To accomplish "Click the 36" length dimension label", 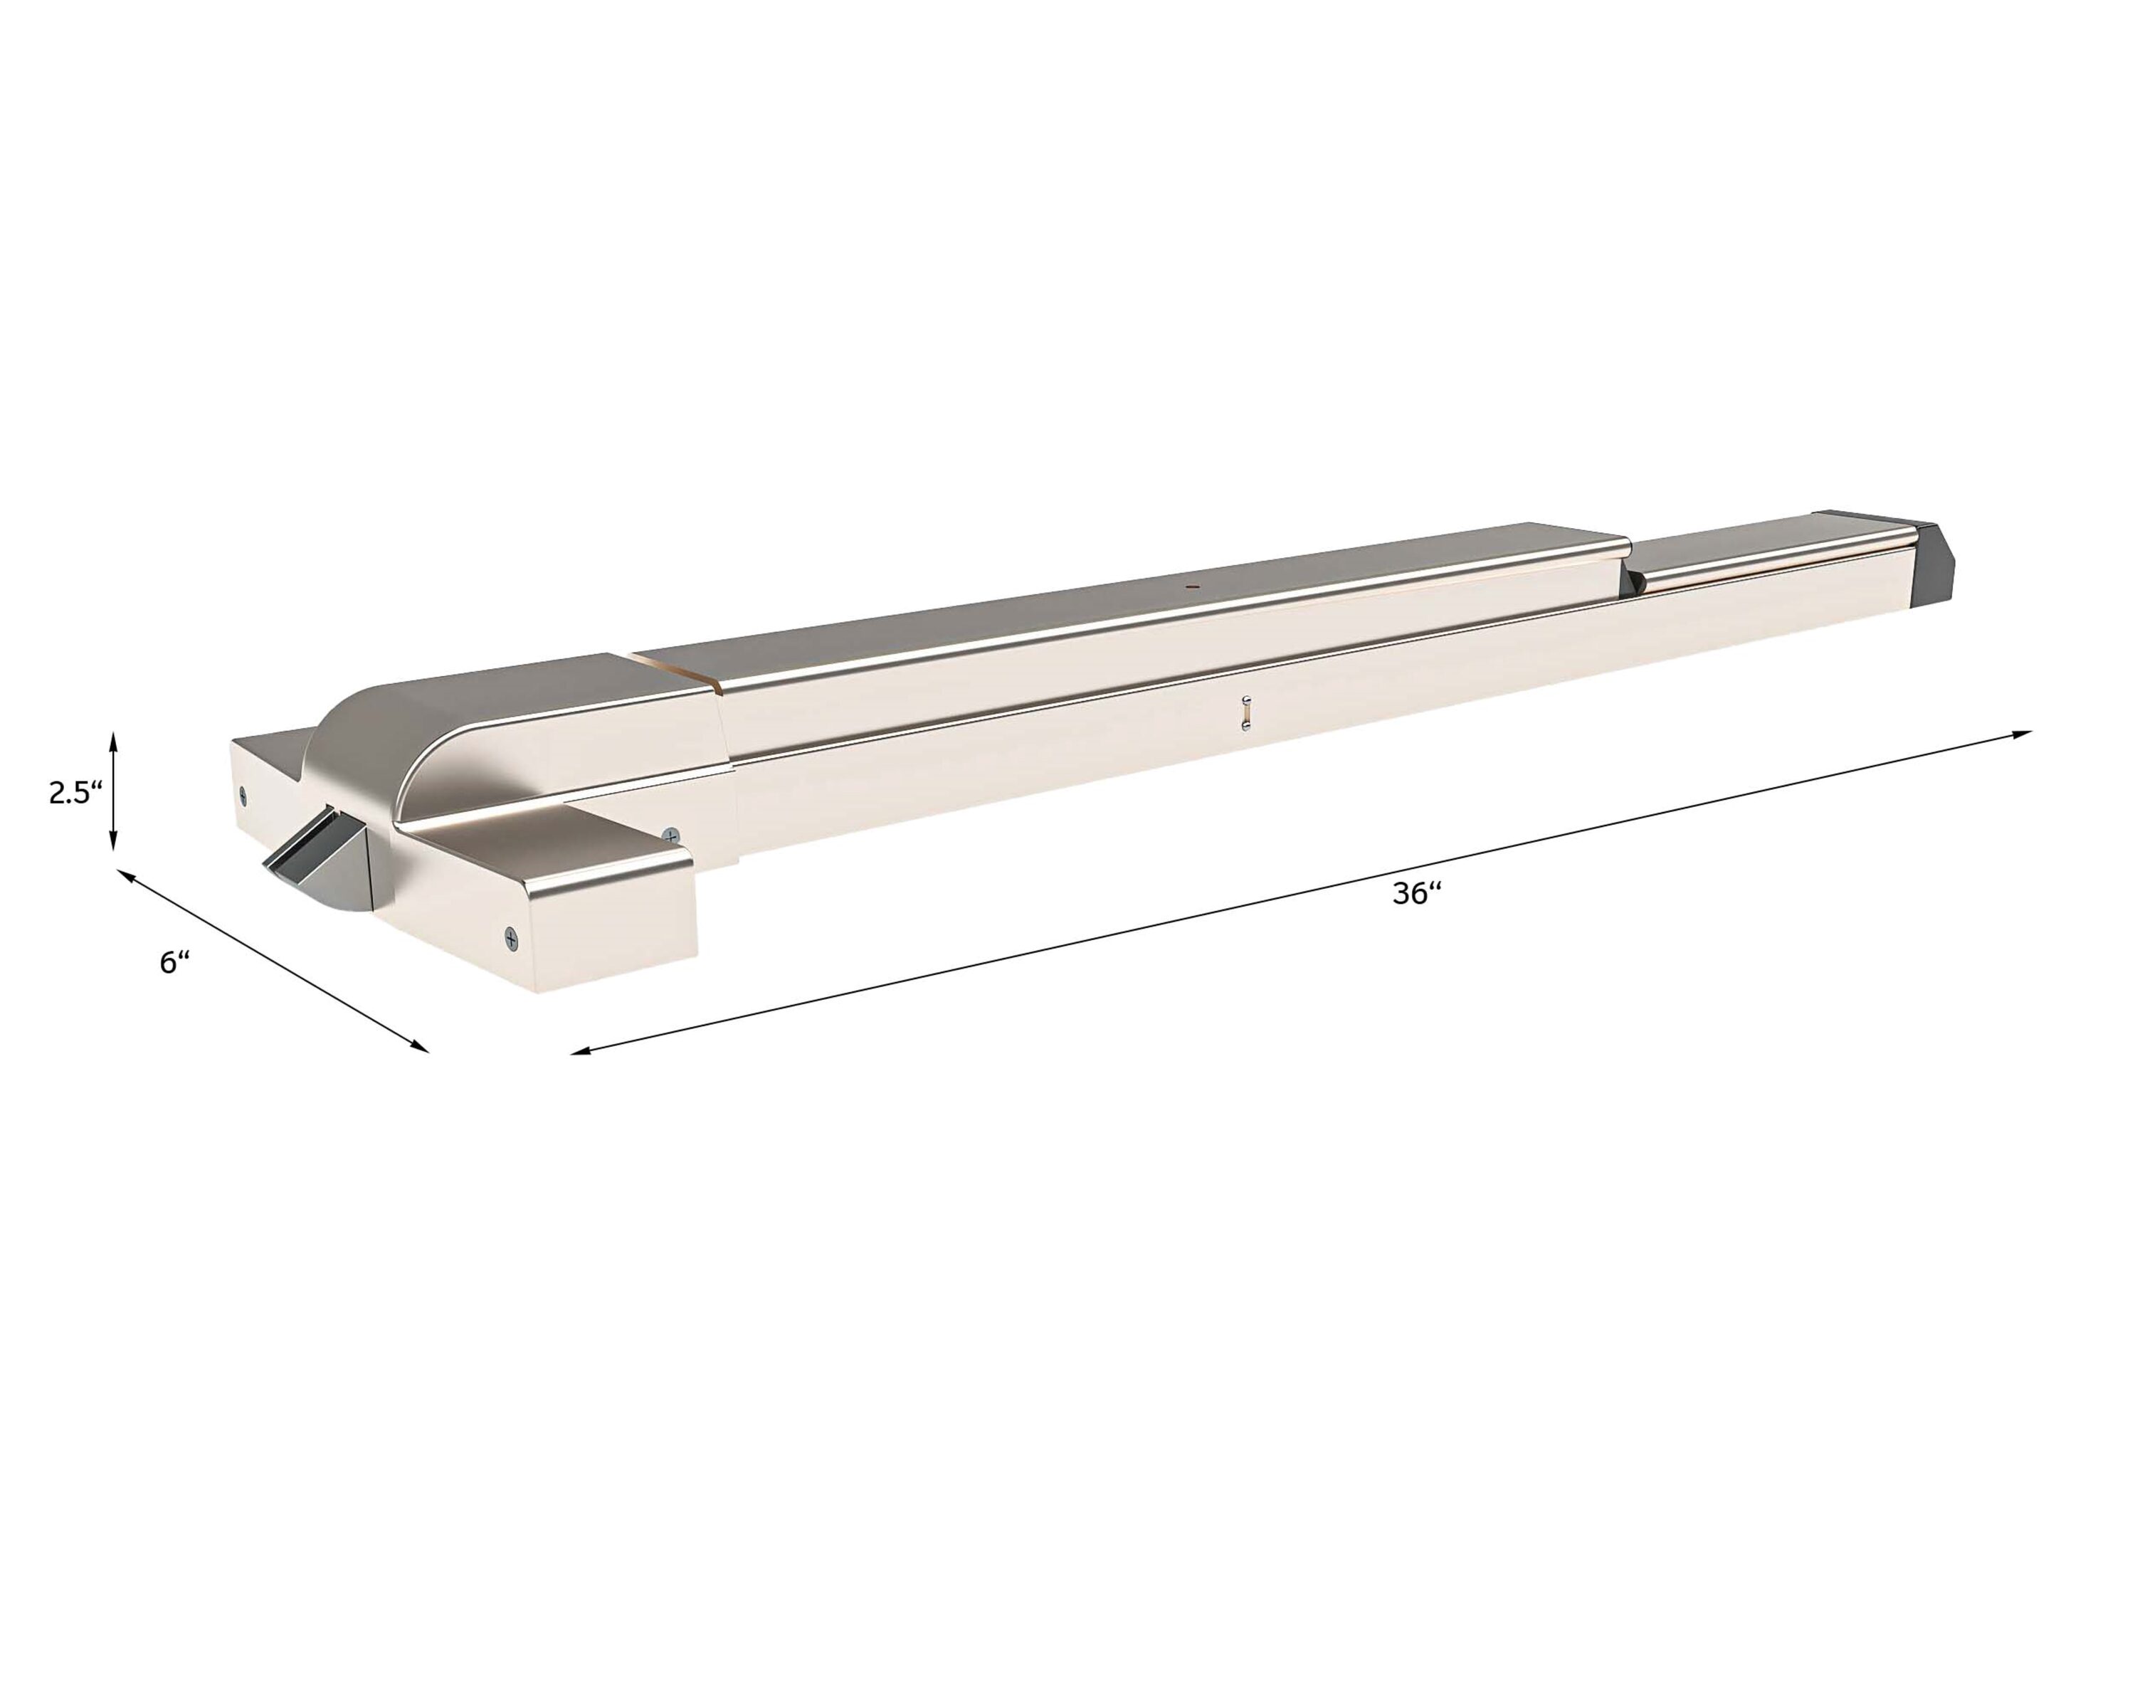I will coord(1416,893).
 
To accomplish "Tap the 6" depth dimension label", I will coord(174,961).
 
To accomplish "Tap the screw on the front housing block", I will coord(511,937).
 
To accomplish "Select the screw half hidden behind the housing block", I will coord(673,835).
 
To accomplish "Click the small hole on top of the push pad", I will coord(1192,586).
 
